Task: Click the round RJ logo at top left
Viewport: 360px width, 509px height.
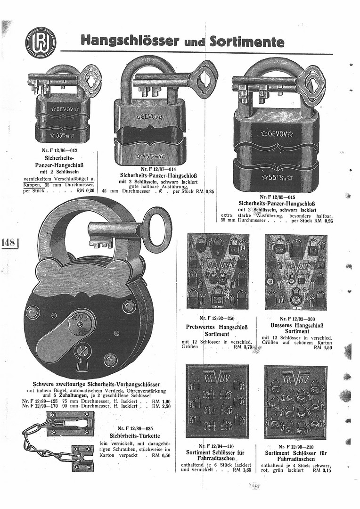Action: coord(41,42)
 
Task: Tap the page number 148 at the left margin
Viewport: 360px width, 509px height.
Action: coord(9,243)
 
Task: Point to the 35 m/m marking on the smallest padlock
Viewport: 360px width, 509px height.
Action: coord(62,136)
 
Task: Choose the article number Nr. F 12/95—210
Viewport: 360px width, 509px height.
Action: coord(297,446)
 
